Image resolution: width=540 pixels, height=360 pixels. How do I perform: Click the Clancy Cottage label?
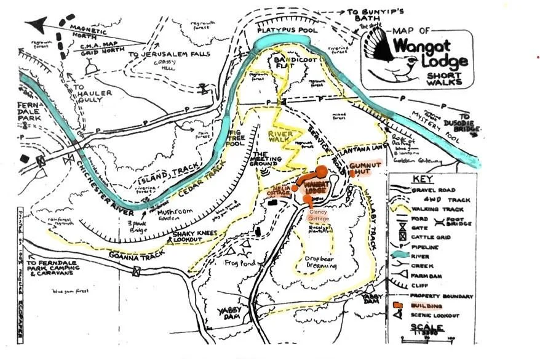[x=319, y=215]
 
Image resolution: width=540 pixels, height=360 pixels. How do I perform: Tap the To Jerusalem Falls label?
[x=169, y=54]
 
